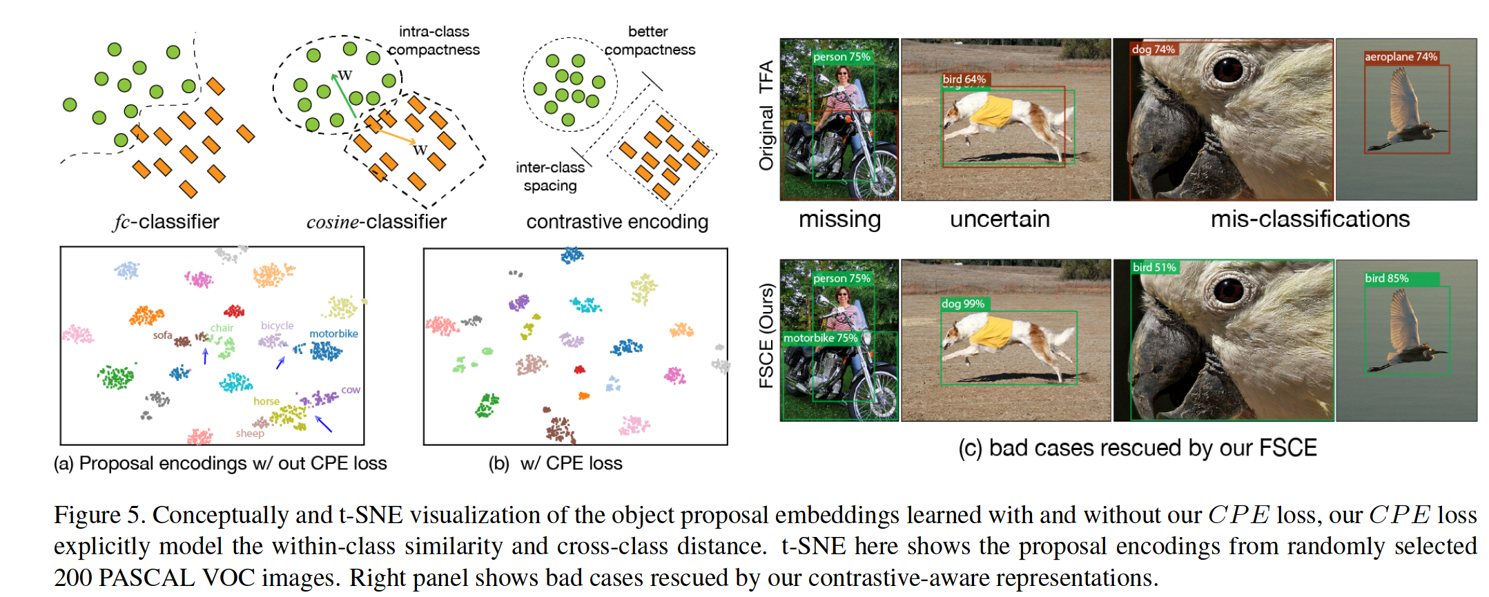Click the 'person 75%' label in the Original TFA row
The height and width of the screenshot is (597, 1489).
coord(841,57)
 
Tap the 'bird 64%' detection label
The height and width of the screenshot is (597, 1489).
coord(964,79)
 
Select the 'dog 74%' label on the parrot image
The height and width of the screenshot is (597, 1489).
coord(1153,49)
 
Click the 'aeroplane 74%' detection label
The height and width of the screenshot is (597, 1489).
coord(1401,57)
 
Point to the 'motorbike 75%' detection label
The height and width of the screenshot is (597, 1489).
coord(821,338)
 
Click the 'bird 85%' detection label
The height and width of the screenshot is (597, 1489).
coord(1387,278)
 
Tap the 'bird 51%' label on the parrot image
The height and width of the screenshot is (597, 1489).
coord(1154,267)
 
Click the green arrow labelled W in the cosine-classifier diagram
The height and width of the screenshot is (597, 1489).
coord(344,95)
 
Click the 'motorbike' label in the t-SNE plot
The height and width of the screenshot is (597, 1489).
coord(333,333)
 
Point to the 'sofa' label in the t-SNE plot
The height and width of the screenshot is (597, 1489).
coord(162,335)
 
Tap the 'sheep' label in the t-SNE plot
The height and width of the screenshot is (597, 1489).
coord(250,433)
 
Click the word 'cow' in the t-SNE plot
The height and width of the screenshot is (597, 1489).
coord(351,390)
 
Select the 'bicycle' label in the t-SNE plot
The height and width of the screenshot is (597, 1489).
coord(278,326)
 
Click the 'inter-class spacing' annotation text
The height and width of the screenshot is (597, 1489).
coord(550,176)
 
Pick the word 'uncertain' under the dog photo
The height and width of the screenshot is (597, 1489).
coord(1000,219)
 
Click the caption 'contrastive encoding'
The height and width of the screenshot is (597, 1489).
coord(617,222)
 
